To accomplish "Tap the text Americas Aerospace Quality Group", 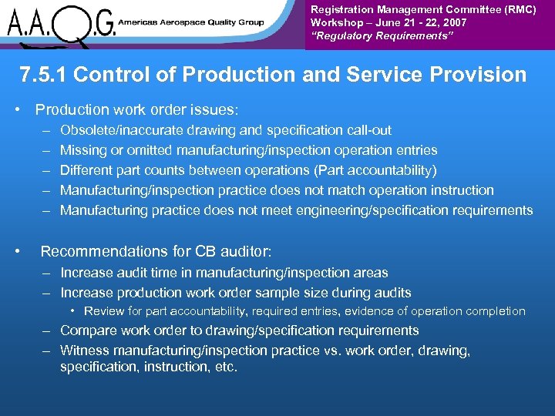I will click(192, 22).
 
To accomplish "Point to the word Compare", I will click(87, 330).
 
